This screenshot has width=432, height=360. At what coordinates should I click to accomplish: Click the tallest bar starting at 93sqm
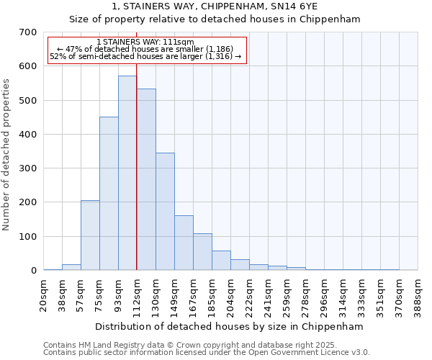point(127,173)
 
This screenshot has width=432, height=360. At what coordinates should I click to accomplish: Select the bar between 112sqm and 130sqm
point(146,179)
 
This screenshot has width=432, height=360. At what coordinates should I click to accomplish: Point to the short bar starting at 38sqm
point(71,267)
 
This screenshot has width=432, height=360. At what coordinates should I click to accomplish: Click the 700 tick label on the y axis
point(28,32)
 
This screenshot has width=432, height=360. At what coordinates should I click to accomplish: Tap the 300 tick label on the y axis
point(28,168)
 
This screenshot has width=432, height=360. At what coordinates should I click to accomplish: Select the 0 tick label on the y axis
point(34,271)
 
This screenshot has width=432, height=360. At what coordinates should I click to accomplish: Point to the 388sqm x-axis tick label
point(418,297)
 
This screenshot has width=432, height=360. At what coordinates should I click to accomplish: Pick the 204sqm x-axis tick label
point(231,297)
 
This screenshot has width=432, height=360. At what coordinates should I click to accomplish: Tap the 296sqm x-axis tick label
point(325,297)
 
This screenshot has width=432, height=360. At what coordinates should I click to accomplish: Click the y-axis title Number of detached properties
point(7,155)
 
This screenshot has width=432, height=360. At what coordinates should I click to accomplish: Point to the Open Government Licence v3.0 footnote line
point(206,353)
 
